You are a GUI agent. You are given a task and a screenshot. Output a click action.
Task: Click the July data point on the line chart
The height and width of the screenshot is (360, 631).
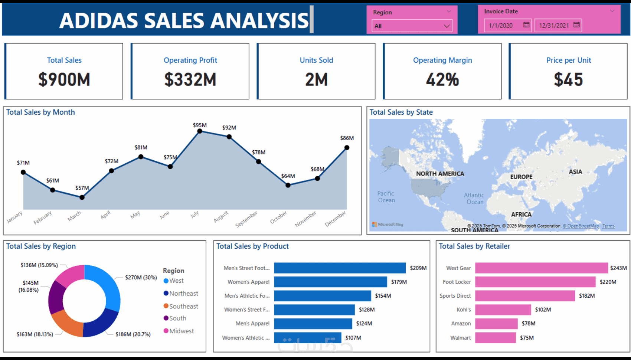pos(200,131)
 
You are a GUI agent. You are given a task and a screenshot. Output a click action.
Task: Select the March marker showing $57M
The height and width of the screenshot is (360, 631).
pos(82,197)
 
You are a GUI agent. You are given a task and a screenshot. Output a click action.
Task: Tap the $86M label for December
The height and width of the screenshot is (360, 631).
pos(347,138)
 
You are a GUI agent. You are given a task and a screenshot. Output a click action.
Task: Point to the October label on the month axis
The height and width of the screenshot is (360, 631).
pos(278,217)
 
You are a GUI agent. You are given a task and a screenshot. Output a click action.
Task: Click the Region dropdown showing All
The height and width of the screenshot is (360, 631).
pos(412,26)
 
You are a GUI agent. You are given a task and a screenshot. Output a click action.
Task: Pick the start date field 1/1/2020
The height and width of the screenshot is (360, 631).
pos(501,26)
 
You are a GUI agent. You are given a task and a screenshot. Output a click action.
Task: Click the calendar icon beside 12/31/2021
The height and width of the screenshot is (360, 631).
pos(576,25)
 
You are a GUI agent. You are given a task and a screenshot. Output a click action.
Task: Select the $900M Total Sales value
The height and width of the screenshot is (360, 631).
pos(64,79)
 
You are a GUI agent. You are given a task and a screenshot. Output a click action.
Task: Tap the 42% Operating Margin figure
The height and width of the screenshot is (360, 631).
pos(442,79)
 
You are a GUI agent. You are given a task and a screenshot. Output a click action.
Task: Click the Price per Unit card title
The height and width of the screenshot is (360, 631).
pos(568,60)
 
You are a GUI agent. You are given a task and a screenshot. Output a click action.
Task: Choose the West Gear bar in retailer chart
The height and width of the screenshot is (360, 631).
pos(541,268)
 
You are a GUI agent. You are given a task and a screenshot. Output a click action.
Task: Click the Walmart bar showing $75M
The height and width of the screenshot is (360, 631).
pos(495,338)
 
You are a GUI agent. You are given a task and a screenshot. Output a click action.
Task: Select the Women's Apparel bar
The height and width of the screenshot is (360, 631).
pos(330,282)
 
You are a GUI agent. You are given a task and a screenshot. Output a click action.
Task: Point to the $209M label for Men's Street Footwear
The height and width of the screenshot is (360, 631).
pos(418,268)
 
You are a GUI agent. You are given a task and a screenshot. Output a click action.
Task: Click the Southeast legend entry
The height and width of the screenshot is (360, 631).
pos(183,306)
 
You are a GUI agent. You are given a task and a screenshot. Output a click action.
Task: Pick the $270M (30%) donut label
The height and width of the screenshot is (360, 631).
pos(141,278)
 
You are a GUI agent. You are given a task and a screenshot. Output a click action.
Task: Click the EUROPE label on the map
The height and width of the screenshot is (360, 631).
pos(521,177)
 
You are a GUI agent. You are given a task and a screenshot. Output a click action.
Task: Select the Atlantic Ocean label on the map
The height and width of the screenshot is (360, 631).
pos(474,199)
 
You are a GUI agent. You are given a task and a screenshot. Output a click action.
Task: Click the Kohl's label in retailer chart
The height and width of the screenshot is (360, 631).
pos(464,310)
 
